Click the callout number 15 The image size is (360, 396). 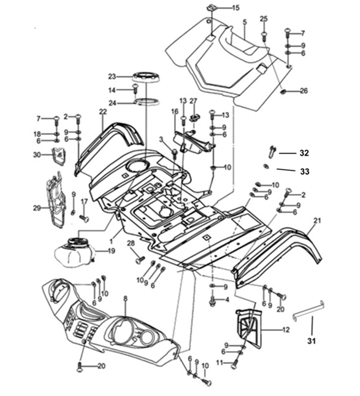(x=236, y=8)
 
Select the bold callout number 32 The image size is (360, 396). (x=304, y=153)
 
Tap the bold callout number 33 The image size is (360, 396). (x=305, y=171)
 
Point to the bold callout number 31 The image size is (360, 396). (x=312, y=341)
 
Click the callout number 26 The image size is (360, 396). (x=304, y=91)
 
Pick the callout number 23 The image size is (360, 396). (x=112, y=76)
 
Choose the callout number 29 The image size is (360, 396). (x=37, y=208)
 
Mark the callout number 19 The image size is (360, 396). (x=111, y=250)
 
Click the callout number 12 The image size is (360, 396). (x=286, y=330)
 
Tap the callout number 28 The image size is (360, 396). (x=131, y=243)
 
